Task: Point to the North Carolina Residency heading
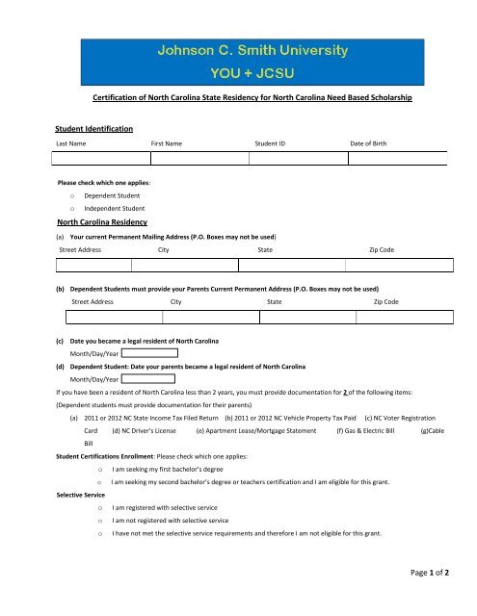pyautogui.click(x=102, y=219)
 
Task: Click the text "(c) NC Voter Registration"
pyautogui.click(x=400, y=418)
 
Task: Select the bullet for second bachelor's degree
pyautogui.click(x=99, y=480)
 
